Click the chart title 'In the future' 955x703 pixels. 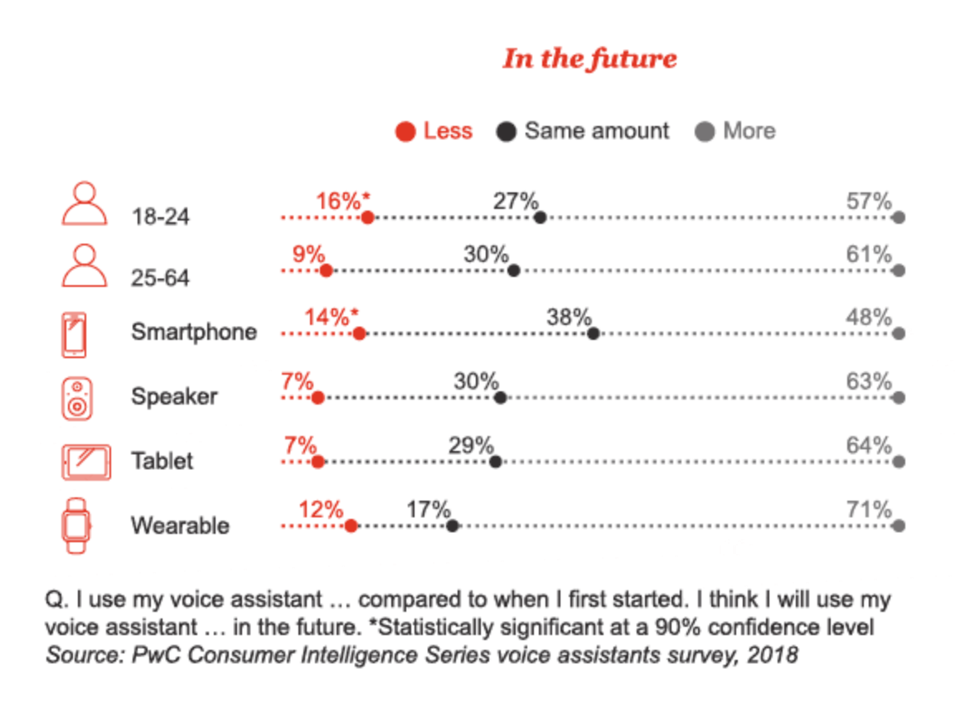[589, 59]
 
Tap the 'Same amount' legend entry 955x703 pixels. [583, 131]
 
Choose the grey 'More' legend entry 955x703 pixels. [736, 131]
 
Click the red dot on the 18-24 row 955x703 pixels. [367, 218]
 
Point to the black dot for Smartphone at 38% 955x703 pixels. [593, 333]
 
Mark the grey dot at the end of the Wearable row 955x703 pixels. [899, 526]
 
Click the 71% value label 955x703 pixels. [869, 509]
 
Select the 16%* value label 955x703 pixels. [342, 201]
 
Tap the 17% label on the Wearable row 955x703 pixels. [428, 509]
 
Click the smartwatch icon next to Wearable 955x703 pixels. [77, 526]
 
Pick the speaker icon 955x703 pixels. [77, 397]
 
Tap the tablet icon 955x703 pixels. [85, 462]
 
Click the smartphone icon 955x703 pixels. [75, 334]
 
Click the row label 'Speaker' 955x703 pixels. [174, 396]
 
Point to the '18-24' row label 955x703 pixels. [160, 217]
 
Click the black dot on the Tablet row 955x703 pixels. [496, 462]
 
